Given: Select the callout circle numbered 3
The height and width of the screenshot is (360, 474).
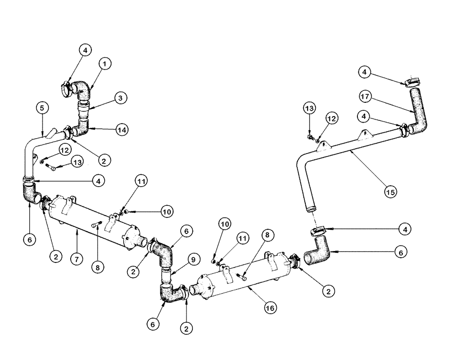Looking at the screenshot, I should click(x=121, y=98).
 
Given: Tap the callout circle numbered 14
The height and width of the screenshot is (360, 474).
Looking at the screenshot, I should click(x=122, y=129).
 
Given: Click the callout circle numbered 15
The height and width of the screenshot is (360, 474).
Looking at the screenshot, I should click(x=391, y=192).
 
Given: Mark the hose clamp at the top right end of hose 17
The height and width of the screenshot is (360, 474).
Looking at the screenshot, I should click(x=413, y=82).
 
